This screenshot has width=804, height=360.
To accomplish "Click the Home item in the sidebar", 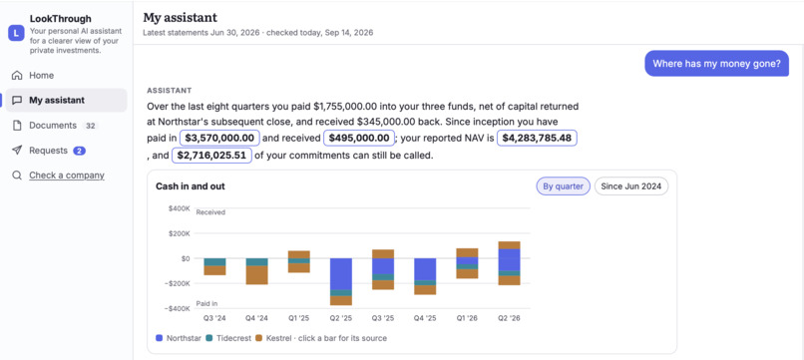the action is (41, 76).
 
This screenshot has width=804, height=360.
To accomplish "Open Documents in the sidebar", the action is (53, 126).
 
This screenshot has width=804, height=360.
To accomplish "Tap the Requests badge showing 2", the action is (79, 151).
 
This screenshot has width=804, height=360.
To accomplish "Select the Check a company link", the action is (67, 176).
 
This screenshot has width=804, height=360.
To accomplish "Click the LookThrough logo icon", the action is (16, 34).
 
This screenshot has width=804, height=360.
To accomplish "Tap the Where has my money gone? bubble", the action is (716, 64).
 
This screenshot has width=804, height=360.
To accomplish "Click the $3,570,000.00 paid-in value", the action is (219, 138).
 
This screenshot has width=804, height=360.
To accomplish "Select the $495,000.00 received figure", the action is (359, 138).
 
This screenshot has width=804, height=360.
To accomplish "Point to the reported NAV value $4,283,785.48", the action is (538, 138).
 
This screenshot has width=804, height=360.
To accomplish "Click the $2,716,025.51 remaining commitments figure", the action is (211, 156).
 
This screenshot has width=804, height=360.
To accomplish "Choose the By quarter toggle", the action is (563, 186).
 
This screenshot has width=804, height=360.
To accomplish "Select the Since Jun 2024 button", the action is (631, 186).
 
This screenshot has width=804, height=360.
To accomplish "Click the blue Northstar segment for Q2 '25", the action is (341, 274).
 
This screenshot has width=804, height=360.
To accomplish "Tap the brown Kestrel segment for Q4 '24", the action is (257, 275).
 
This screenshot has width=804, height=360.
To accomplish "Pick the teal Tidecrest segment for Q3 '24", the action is (214, 262).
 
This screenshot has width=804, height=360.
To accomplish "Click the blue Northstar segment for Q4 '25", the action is (425, 269).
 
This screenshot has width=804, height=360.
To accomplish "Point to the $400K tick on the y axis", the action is (179, 208).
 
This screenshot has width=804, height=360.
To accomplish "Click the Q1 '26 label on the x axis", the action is (467, 318).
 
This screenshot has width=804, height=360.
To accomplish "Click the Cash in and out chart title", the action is (191, 186).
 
